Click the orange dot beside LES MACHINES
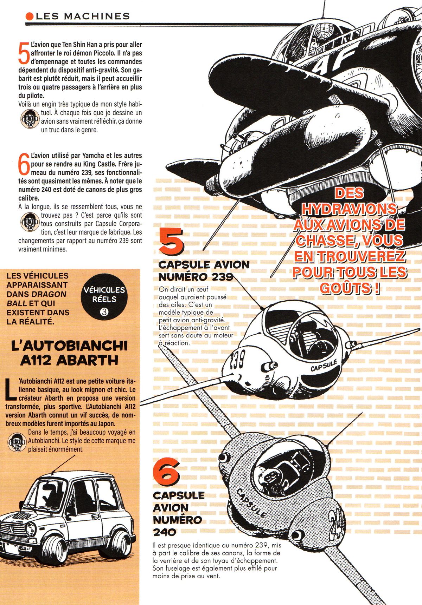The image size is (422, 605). tap(30, 16)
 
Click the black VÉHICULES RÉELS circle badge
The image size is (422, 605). tap(104, 299)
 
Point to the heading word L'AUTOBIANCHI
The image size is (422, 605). tap(69, 346)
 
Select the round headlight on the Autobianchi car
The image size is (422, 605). tap(31, 528)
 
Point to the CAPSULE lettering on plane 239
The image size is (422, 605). tap(324, 366)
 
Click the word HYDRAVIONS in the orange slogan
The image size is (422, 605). tap(350, 209)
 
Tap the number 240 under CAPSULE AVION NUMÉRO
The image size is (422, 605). tap(165, 532)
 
